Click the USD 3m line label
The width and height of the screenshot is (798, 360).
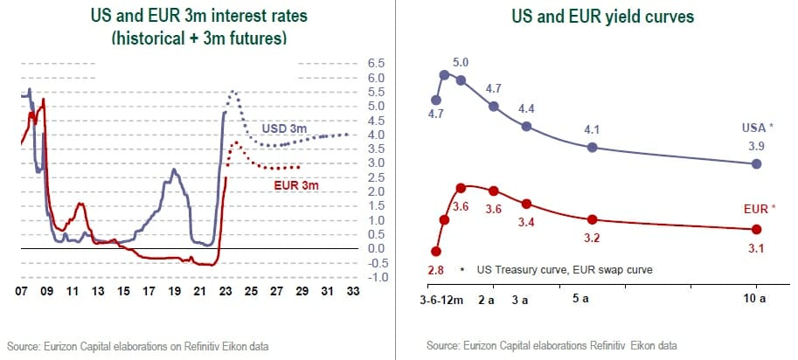pyautogui.click(x=284, y=129)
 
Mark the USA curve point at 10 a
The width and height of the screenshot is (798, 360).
pyautogui.click(x=757, y=163)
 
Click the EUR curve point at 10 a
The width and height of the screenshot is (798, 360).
pyautogui.click(x=757, y=229)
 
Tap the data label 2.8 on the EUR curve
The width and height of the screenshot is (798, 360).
pyautogui.click(x=434, y=271)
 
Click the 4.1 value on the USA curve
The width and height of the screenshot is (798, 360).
pyautogui.click(x=593, y=130)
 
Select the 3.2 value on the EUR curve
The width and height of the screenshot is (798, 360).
pyautogui.click(x=593, y=237)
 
